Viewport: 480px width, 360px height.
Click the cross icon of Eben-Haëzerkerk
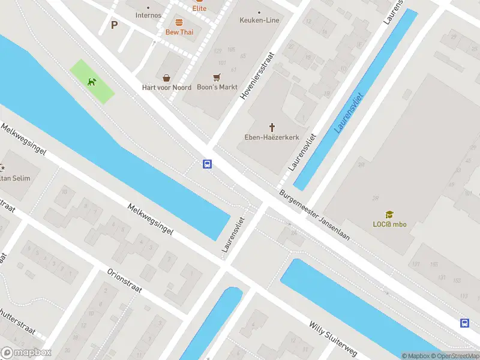(x=272, y=127)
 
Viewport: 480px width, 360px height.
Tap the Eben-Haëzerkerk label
(x=272, y=137)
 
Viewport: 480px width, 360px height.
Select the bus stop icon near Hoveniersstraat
(x=207, y=164)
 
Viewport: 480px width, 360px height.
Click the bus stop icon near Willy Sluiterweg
(x=464, y=323)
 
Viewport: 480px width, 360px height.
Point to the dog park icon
(x=92, y=82)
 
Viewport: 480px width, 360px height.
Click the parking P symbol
(x=114, y=25)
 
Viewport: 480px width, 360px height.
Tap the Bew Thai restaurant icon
(x=179, y=22)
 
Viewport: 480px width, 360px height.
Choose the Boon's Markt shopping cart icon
(x=217, y=77)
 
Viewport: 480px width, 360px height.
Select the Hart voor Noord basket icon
(x=166, y=77)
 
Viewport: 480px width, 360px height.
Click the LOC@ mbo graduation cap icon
(x=389, y=215)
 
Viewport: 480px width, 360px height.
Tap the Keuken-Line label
(x=259, y=20)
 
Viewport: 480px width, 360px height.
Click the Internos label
(x=148, y=15)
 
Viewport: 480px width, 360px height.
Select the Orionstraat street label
(x=124, y=280)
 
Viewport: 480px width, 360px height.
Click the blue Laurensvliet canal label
(x=349, y=112)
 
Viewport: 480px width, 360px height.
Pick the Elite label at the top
(x=199, y=8)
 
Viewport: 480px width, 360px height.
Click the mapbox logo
(x=26, y=352)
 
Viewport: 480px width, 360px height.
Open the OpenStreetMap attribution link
(x=455, y=356)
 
